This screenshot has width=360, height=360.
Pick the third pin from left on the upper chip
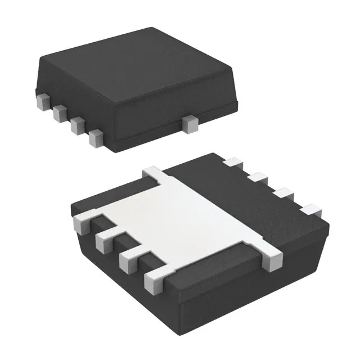(78, 125)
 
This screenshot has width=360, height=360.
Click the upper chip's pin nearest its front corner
(96, 137)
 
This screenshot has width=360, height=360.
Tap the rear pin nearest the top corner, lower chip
(232, 163)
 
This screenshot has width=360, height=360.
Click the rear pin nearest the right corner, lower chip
(310, 210)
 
